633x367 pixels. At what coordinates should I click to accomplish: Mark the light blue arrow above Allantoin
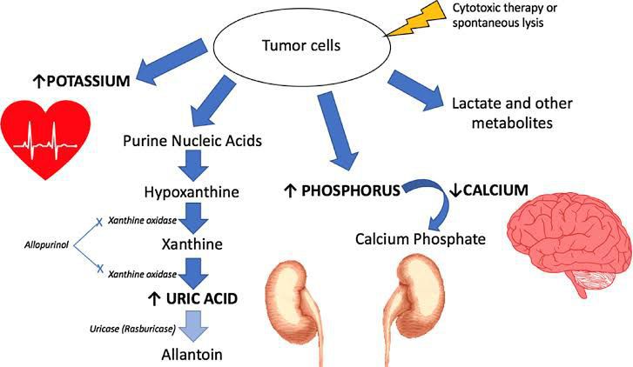(x=196, y=329)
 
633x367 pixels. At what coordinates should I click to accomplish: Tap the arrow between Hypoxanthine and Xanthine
(x=194, y=215)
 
